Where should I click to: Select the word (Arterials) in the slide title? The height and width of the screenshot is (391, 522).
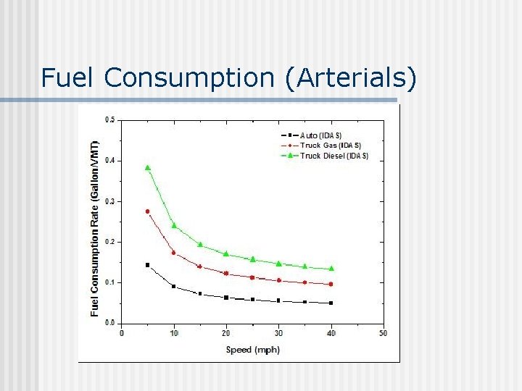[352, 77]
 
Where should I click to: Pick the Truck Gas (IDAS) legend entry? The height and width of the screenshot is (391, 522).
[329, 146]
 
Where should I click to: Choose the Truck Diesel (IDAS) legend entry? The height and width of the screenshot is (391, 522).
[333, 156]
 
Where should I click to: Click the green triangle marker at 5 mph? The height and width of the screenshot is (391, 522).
[148, 167]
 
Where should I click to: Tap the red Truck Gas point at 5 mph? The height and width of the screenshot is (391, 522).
[148, 211]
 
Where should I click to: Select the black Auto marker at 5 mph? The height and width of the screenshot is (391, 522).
[148, 265]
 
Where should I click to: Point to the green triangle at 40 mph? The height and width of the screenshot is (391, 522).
[331, 269]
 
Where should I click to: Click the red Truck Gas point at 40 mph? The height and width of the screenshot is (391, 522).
[331, 285]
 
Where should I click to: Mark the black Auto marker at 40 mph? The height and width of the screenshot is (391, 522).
[331, 303]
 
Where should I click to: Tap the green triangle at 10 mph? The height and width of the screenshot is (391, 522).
[174, 225]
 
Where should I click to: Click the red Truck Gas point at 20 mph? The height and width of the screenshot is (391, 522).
[226, 274]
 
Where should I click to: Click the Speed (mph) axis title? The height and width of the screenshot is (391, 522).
[252, 350]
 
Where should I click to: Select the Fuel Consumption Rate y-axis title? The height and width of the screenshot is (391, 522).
[95, 221]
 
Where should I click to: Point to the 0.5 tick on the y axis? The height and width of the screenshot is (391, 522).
[110, 120]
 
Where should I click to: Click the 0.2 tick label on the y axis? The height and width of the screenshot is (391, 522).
[110, 242]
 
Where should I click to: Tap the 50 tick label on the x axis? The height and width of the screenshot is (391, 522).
[383, 333]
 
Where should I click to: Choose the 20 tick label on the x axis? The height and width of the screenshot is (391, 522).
[226, 333]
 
